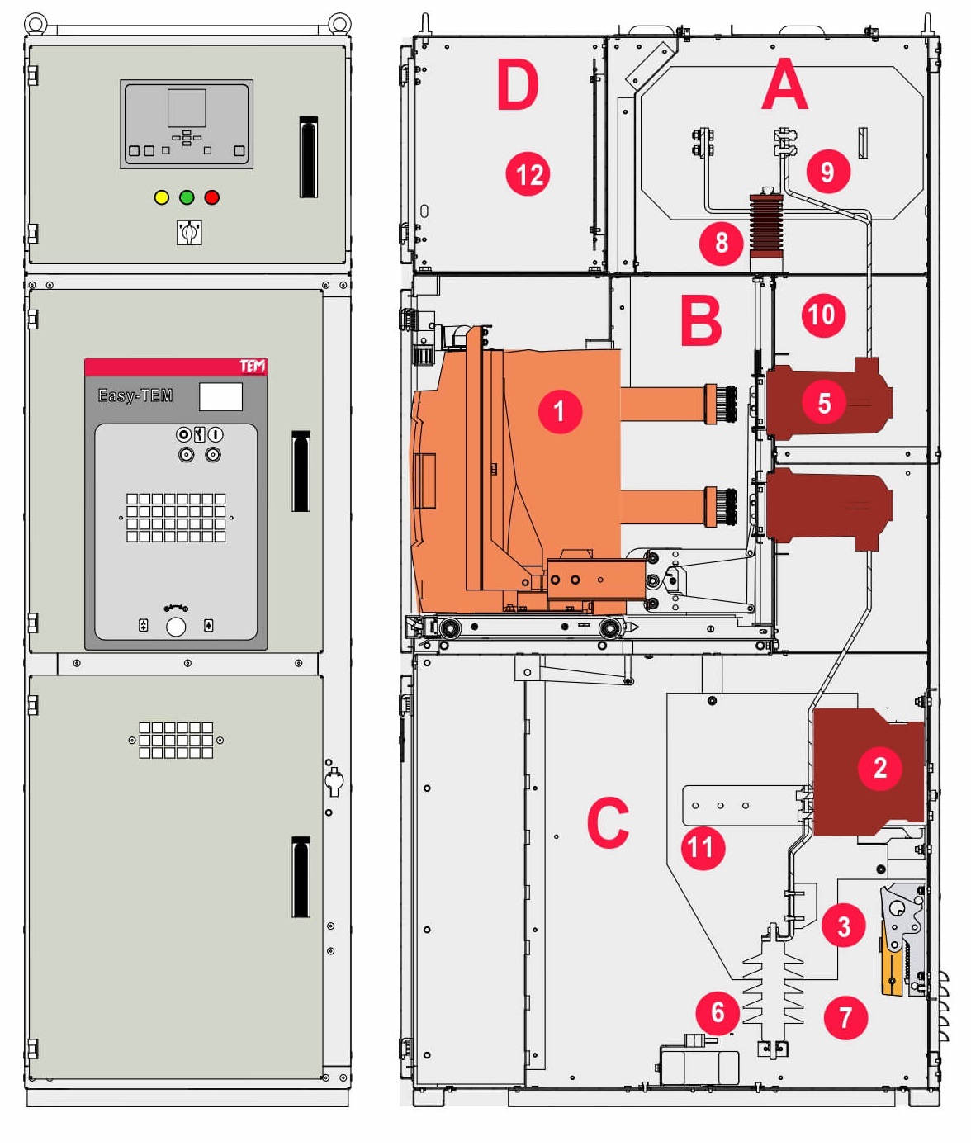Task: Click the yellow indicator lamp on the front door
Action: coord(162,197)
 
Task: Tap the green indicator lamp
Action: coord(187,197)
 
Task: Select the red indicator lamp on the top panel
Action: coord(212,197)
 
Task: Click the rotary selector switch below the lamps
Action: coord(189,232)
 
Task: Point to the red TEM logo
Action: coord(252,366)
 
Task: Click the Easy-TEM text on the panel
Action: coord(135,395)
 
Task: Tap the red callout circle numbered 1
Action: coord(559,410)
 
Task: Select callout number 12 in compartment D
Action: coord(528,174)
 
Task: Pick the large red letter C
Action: coord(609,822)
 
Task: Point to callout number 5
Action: coord(824,403)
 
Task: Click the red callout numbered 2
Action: coord(880,768)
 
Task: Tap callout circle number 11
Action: coord(703,847)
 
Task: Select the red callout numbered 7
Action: coord(845,1017)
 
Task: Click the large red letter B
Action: coord(701,320)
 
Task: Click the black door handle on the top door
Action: coord(308,157)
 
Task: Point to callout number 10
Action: coord(822,315)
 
